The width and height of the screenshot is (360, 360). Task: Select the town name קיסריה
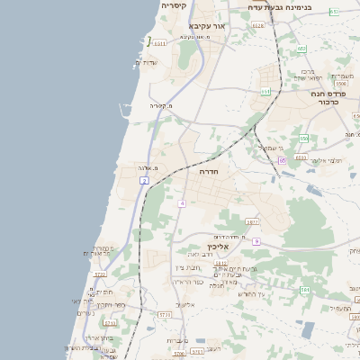click(x=174, y=5)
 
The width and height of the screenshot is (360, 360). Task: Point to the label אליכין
click(x=220, y=246)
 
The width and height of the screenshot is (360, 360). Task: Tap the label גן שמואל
click(x=271, y=147)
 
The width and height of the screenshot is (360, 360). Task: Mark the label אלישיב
click(x=185, y=304)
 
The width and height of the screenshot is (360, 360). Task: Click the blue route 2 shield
click(x=144, y=181)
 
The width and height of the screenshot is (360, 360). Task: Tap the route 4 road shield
click(x=182, y=203)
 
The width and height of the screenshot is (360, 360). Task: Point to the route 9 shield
click(x=256, y=241)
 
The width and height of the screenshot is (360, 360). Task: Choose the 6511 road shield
click(x=159, y=42)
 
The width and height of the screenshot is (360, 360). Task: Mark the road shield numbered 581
click(x=305, y=290)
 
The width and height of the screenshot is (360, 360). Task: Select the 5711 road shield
click(x=164, y=315)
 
